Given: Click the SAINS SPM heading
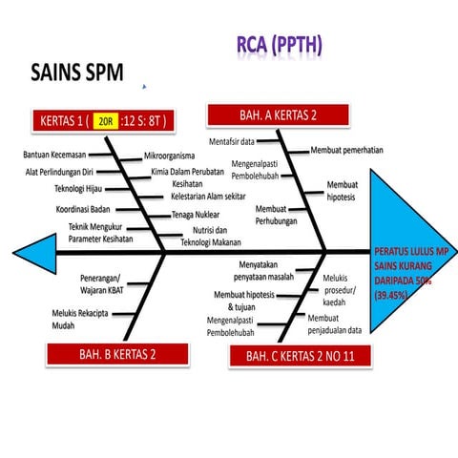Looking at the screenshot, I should tap(77, 73).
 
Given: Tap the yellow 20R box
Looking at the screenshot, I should tap(105, 121).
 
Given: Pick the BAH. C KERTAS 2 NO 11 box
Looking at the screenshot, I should tap(299, 355).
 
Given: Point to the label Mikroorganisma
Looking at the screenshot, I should tap(169, 156).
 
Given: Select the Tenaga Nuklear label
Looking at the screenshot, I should tap(197, 215).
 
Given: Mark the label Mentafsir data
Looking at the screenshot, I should tap(232, 141).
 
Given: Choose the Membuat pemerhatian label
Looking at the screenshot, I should tap(347, 150).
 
